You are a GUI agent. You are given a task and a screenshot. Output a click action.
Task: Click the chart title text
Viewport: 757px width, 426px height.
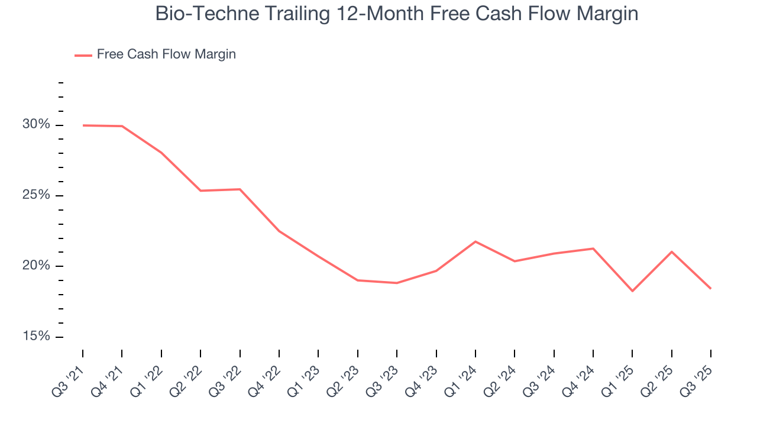(396, 14)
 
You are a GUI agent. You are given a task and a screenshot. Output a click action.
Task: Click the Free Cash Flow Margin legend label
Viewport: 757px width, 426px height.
(166, 54)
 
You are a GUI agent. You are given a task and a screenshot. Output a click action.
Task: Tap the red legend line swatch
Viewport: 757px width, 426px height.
(83, 55)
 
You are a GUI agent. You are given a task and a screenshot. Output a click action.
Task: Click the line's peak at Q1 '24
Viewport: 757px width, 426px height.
(475, 241)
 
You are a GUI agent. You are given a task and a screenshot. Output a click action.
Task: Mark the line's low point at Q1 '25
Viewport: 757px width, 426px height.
(632, 291)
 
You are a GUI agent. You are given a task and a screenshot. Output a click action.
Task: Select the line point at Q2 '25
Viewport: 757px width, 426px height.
(672, 252)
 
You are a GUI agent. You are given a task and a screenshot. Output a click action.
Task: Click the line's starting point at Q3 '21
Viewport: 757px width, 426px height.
(83, 125)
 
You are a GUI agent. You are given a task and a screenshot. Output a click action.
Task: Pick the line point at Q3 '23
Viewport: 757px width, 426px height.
(397, 283)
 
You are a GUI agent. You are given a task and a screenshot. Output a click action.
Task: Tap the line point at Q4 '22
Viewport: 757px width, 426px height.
(279, 231)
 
